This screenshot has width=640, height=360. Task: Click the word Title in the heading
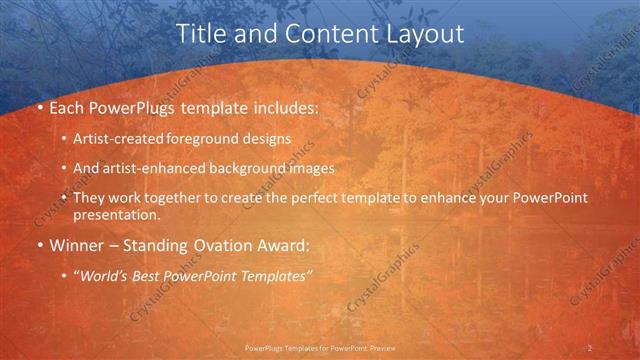(x=200, y=33)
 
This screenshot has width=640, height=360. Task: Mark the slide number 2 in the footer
(x=590, y=347)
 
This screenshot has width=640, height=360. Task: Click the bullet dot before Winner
(x=39, y=244)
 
